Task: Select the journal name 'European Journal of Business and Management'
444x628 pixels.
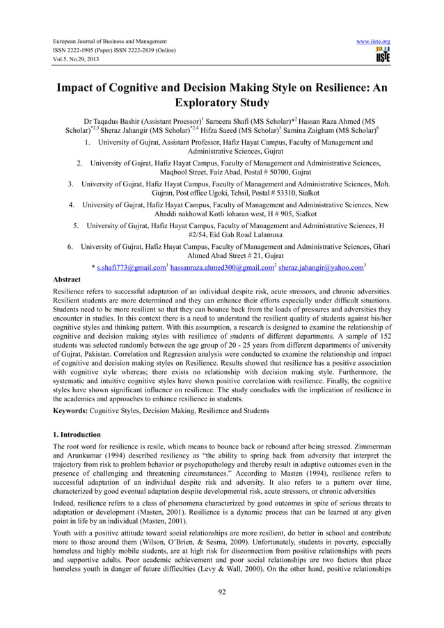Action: point(110,42)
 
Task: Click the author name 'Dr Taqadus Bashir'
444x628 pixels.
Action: point(111,120)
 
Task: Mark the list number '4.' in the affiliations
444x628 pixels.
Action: point(72,205)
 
